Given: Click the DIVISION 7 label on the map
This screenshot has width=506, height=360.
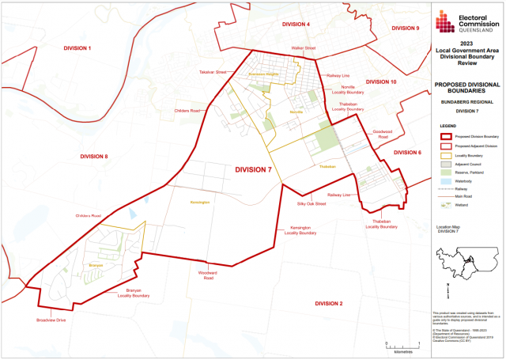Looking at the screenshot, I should point(253,169).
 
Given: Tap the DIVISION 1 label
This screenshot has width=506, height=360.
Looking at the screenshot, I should point(78,49).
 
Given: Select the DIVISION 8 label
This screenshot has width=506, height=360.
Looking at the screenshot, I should point(94,157).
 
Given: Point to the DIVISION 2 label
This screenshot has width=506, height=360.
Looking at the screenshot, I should point(328,304).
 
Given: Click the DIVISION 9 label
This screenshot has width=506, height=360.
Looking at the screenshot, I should point(406,28).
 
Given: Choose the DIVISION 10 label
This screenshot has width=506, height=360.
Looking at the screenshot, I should point(381,81).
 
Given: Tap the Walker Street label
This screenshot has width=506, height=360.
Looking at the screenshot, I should point(304,48).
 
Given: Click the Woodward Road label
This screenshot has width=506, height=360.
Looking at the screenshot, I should point(207,275).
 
